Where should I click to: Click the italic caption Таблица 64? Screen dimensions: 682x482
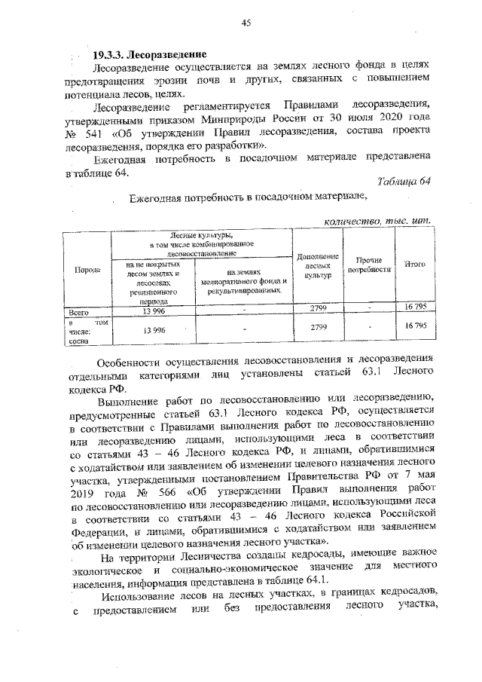click(x=404, y=181)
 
